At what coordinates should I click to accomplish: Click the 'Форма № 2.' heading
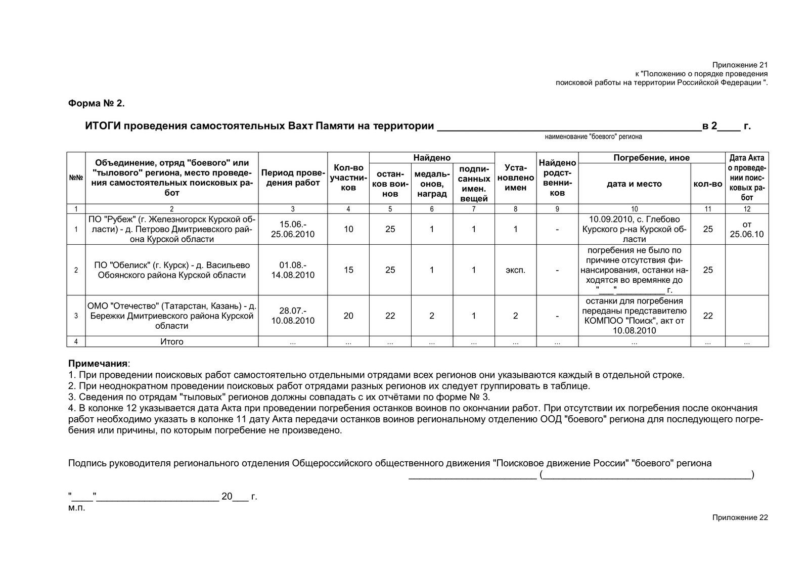(x=96, y=103)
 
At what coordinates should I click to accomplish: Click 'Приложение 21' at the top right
(x=740, y=65)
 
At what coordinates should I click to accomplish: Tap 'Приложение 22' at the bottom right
(x=740, y=517)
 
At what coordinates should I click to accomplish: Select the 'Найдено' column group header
(x=431, y=158)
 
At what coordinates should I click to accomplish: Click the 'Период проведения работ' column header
(x=293, y=178)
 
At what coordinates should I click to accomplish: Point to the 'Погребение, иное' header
(x=651, y=158)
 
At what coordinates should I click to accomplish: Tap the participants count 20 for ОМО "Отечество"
(x=348, y=316)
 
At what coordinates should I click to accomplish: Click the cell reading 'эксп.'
(x=515, y=270)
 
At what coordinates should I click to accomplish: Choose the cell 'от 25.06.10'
(x=747, y=229)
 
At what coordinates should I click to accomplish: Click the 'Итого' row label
(x=172, y=342)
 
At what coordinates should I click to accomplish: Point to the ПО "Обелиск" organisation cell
(x=172, y=270)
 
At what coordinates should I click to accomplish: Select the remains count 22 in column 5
(x=390, y=316)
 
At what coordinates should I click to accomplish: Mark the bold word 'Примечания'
(x=98, y=364)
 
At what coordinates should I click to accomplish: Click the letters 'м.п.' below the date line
(x=77, y=508)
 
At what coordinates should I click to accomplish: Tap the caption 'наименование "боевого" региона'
(x=593, y=137)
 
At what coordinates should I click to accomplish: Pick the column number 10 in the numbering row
(x=634, y=209)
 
